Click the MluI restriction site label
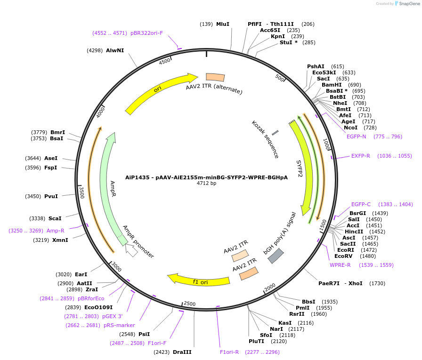click(222, 24)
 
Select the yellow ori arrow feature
click(160, 91)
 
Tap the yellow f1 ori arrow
click(200, 280)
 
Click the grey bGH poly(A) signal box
click(276, 256)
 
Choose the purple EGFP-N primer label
click(356, 136)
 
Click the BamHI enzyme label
click(332, 85)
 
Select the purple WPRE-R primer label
click(340, 265)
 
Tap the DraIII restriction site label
click(182, 352)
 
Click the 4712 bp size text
click(206, 183)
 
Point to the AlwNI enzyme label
click(115, 50)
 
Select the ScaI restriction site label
click(55, 218)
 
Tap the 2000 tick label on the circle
click(269, 288)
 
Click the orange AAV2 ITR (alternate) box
click(215, 78)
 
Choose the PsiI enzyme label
click(144, 334)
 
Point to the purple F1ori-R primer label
click(229, 352)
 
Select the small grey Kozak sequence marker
click(275, 133)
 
